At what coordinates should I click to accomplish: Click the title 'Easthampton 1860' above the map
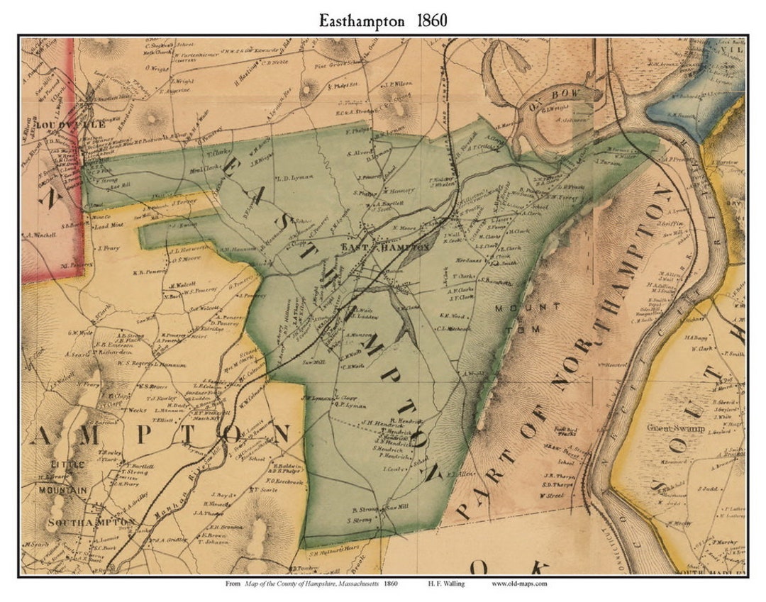tap(383, 20)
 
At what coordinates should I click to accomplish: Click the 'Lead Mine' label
tap(108, 226)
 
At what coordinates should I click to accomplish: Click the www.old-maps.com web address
tap(519, 584)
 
